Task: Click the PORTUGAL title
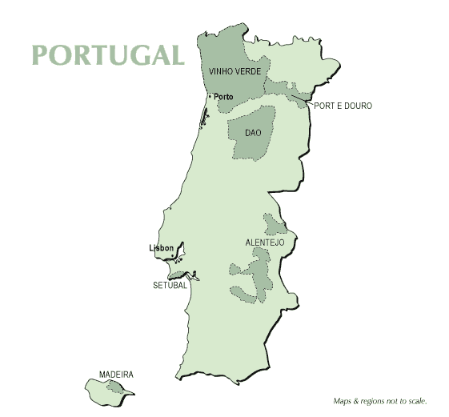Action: pos(108,54)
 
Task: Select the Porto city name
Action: pos(224,96)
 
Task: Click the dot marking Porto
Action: pos(210,96)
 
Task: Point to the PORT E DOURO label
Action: pos(343,106)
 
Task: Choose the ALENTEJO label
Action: pos(265,242)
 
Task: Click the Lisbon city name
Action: pos(161,248)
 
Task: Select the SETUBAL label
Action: pos(170,285)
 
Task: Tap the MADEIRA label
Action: pos(116,374)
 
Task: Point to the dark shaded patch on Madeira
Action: pos(117,388)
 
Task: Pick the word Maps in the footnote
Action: pos(343,401)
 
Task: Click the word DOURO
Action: pos(357,106)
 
